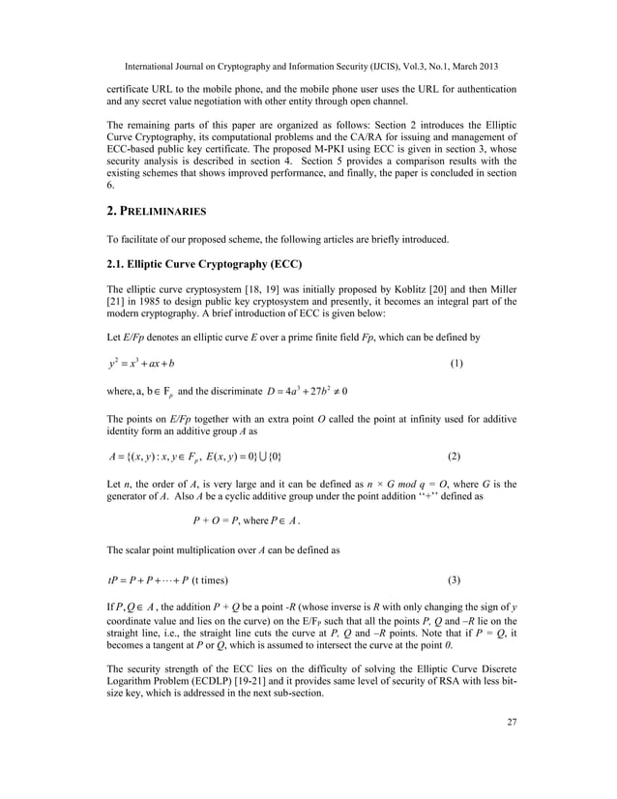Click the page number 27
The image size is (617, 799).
tap(511, 775)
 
